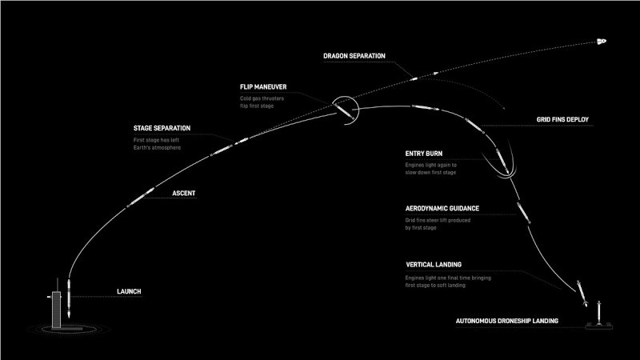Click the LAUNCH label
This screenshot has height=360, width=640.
tap(130, 292)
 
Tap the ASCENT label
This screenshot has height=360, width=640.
tap(184, 194)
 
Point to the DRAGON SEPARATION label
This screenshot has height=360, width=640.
tap(354, 56)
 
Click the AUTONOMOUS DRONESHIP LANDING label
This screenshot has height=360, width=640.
tap(507, 321)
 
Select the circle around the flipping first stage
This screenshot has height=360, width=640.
tap(344, 110)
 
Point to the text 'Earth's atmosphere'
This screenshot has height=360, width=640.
tap(157, 147)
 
